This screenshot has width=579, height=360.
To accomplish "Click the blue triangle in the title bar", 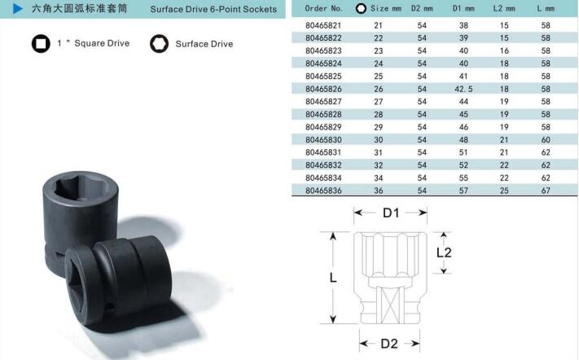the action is (x=17, y=8).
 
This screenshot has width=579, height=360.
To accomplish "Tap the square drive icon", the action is (x=41, y=43).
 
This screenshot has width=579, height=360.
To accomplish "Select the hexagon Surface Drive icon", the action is (x=159, y=43).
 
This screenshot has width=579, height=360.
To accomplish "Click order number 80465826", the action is (x=323, y=89).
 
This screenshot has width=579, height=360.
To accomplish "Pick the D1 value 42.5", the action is (x=463, y=89).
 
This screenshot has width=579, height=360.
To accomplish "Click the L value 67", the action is (x=546, y=191).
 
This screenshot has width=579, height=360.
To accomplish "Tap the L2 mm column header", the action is (x=504, y=8).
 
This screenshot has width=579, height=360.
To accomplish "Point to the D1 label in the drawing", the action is (x=391, y=213).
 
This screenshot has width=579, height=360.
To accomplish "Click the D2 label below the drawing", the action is (x=389, y=344).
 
